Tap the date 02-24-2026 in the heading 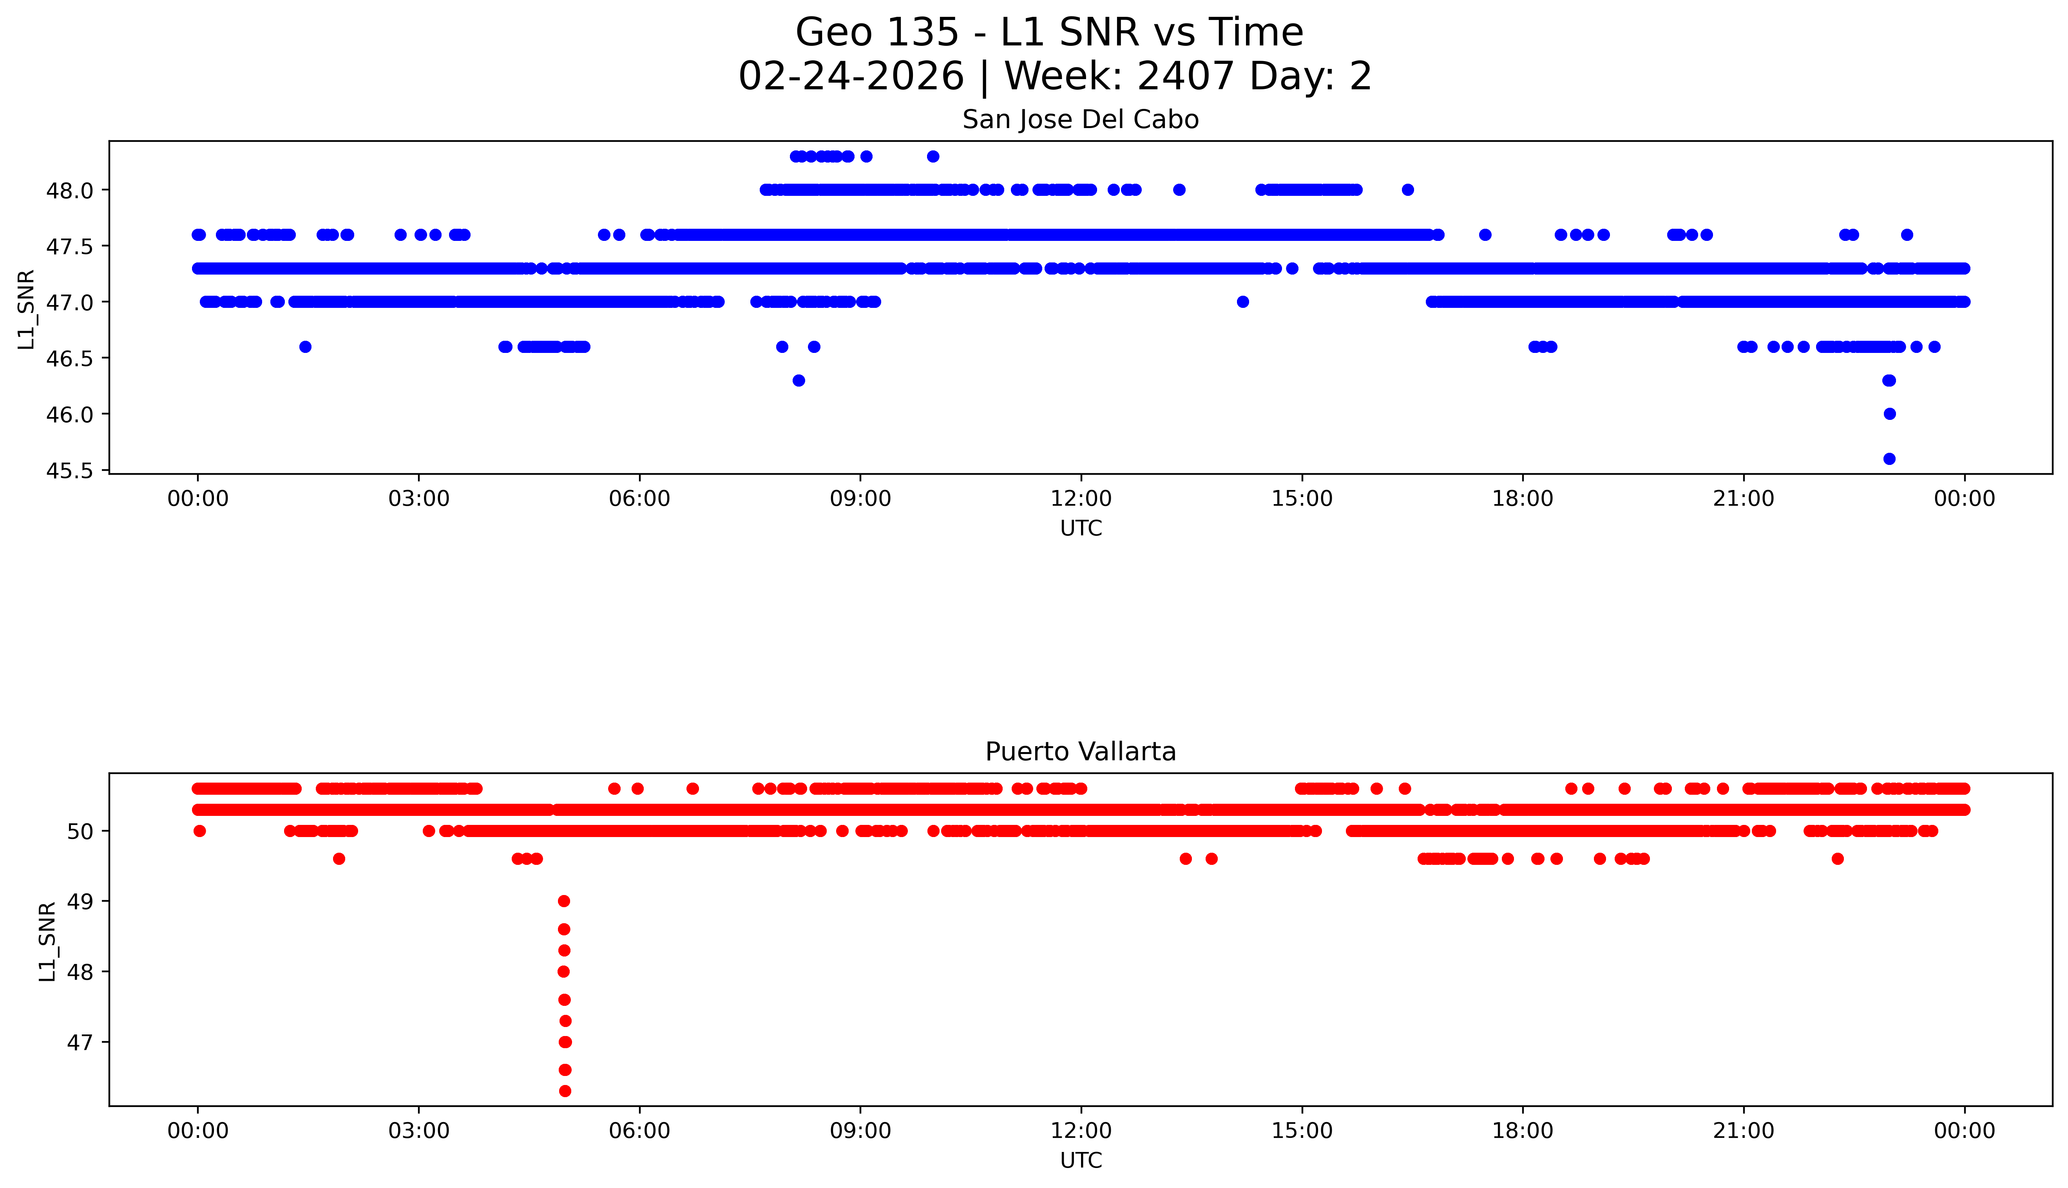(851, 77)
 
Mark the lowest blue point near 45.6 (1889, 459)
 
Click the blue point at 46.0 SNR (1889, 414)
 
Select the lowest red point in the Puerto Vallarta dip (565, 1091)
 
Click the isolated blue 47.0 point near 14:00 (1243, 302)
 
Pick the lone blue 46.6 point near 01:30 (305, 347)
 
